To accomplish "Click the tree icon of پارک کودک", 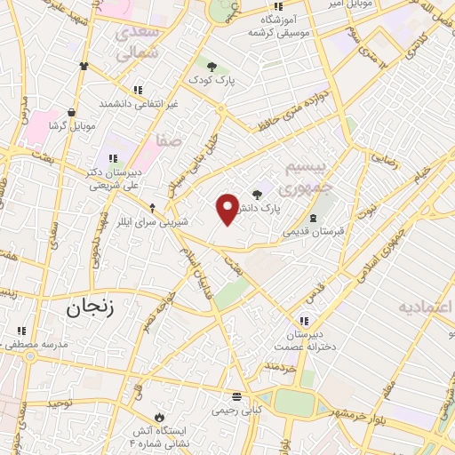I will pos(212,65).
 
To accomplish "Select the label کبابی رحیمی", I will pos(236,410).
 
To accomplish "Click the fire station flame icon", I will pos(159,416).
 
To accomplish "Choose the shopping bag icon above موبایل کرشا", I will pos(70,113).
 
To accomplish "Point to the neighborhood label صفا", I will pos(168,140).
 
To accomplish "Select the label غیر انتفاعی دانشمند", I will pos(138,104).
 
